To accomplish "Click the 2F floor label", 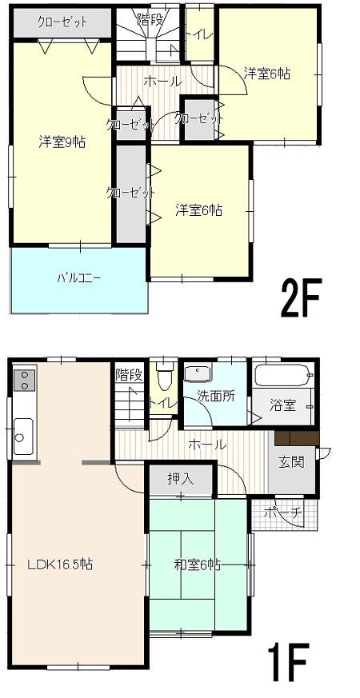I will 300,299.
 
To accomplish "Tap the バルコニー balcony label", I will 78,279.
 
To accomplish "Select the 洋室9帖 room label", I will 62,142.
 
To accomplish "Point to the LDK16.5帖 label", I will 60,564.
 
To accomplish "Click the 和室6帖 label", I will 197,564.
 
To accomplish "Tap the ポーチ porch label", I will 284,513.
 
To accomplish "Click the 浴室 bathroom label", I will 282,405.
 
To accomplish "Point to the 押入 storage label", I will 179,480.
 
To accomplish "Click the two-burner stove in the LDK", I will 24,379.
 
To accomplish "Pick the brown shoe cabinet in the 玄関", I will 296,438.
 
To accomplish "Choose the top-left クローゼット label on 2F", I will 62,22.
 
